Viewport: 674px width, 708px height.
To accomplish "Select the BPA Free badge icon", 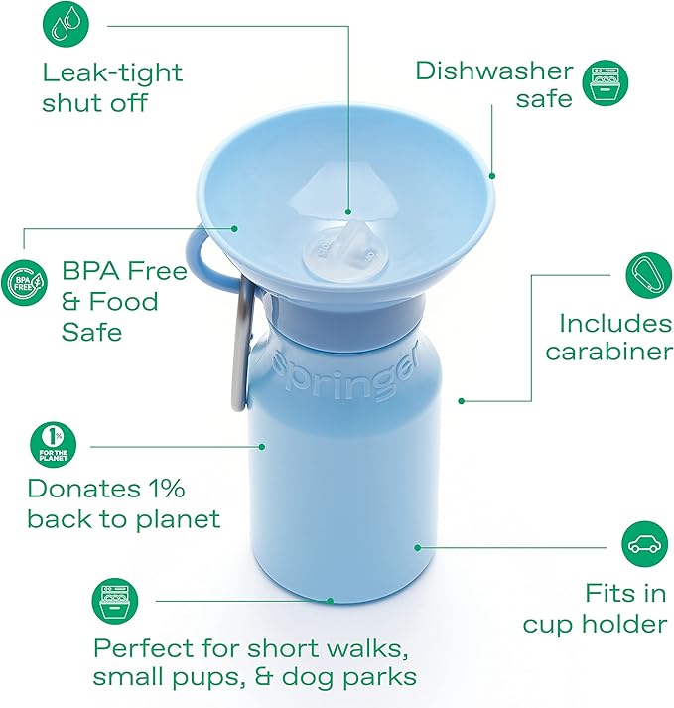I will pos(25,282).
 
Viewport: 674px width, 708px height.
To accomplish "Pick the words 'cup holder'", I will pos(595,624).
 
